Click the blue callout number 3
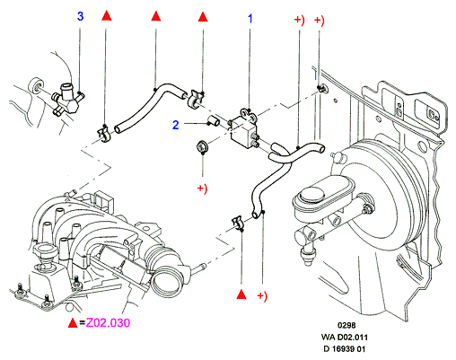(x=80, y=16)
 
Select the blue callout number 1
(x=250, y=19)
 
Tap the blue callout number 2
(x=176, y=125)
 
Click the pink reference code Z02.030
(x=108, y=322)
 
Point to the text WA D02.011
(x=345, y=337)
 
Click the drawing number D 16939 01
(x=345, y=348)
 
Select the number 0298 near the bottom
(x=346, y=325)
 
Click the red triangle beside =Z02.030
(x=73, y=322)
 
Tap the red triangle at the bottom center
(x=241, y=294)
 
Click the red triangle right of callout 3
(x=107, y=16)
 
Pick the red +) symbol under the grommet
(x=202, y=189)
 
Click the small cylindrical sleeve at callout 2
(x=214, y=121)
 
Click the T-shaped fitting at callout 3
(x=68, y=100)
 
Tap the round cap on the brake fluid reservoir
(x=312, y=195)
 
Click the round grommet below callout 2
(x=202, y=147)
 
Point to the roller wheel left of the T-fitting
(x=37, y=86)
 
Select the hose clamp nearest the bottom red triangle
(x=239, y=224)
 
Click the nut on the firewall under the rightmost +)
(x=321, y=89)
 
